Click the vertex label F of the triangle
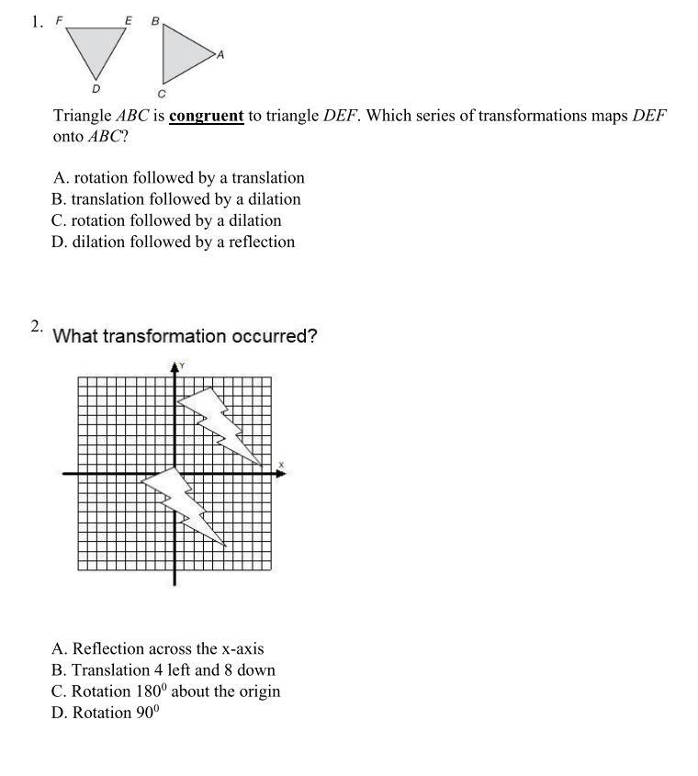coord(60,19)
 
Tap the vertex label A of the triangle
coord(220,55)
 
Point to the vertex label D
coord(96,89)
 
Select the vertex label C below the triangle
coord(162,94)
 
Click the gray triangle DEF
coord(95,46)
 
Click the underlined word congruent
coord(207,117)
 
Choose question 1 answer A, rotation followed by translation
coord(179,178)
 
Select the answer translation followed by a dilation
coord(177,199)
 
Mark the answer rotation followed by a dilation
coord(167,220)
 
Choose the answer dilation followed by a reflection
coord(174,242)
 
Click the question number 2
coord(36,327)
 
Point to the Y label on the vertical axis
coord(182,366)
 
